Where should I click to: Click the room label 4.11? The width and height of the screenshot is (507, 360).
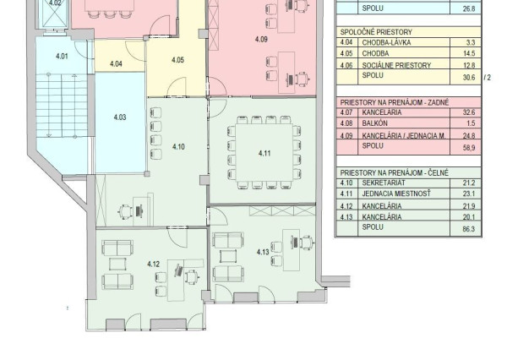pos(264,153)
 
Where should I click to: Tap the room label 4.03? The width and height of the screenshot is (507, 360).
pos(120,117)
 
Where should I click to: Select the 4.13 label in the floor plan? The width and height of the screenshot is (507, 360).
pos(263,252)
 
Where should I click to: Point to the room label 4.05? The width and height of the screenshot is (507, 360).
pos(177,60)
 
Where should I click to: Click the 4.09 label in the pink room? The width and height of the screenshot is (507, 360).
pos(261,40)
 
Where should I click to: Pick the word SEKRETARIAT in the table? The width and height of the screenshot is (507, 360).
pos(383,183)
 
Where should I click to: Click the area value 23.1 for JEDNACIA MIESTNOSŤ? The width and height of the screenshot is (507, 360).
pos(469,194)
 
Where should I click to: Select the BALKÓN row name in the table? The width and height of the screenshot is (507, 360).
pos(374,123)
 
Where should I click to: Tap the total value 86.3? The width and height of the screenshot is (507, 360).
pos(469,229)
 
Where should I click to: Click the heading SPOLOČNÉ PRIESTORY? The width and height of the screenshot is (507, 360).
pos(376,32)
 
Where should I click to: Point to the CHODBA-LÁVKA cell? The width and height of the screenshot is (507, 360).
pos(382,42)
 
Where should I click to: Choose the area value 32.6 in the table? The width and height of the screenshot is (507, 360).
pos(469,112)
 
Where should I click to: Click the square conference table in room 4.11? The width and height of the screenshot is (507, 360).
pos(264,153)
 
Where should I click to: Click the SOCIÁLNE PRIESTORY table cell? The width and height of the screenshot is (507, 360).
pos(396,65)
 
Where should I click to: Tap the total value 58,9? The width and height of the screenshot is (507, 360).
pos(469,148)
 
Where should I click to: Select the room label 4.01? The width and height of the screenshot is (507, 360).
pos(62,57)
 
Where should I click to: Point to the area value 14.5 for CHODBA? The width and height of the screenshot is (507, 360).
pos(469,53)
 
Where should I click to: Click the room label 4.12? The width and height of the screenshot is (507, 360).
pos(153,264)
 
